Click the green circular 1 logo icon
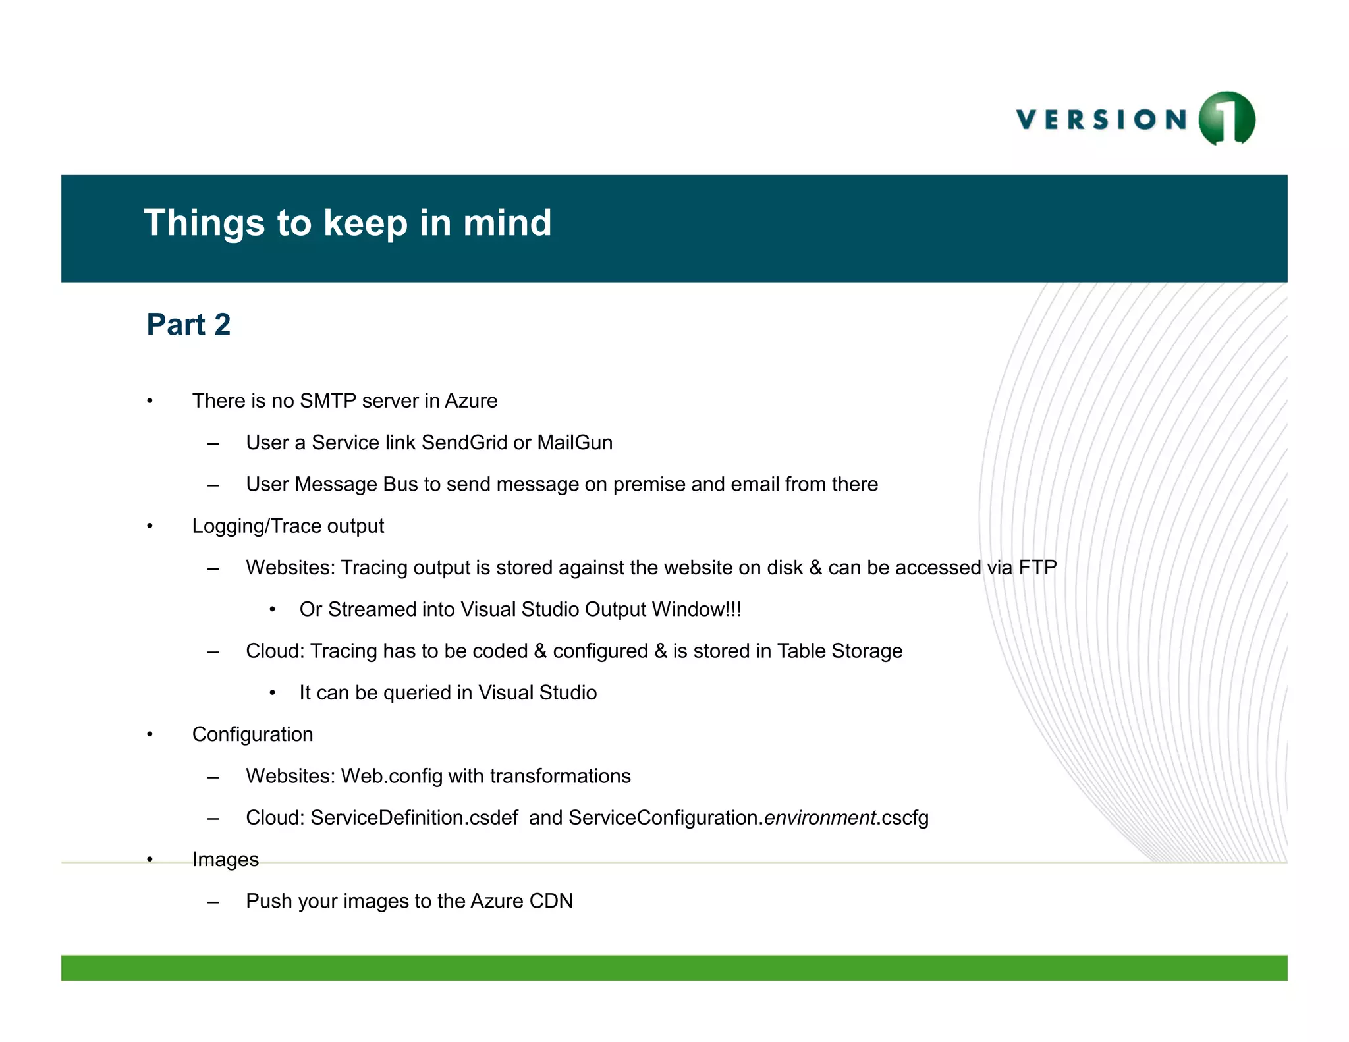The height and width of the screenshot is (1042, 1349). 1226,119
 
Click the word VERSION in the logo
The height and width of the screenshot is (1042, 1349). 1101,120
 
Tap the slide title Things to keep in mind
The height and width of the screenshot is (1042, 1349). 347,223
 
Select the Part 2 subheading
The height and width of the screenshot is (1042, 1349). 188,324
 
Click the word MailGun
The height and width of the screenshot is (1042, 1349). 574,443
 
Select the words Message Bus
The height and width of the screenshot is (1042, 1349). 356,484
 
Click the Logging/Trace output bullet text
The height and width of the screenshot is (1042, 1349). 288,526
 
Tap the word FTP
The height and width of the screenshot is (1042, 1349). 1037,567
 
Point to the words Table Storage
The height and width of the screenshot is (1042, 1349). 839,651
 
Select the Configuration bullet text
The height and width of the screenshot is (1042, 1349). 252,734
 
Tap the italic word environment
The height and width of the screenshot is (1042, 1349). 819,817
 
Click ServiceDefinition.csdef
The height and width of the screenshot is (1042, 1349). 414,817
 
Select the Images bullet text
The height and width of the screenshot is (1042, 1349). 225,860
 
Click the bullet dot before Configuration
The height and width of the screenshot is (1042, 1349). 150,734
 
